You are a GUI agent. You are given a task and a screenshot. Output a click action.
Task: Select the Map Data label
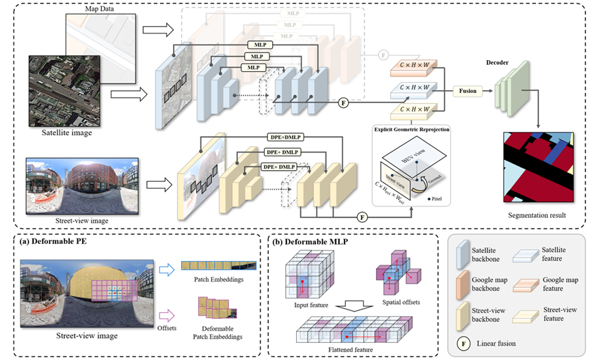(x=100, y=8)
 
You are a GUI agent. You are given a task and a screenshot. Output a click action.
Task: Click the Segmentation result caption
(x=537, y=216)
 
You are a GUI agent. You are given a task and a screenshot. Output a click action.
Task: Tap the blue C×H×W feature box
(x=413, y=89)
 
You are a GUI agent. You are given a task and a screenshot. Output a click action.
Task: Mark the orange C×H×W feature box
(x=413, y=68)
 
